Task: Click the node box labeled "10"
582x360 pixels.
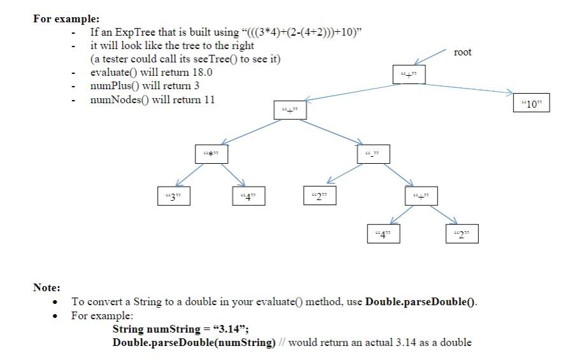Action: [x=531, y=104]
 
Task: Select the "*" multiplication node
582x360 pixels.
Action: [x=211, y=154]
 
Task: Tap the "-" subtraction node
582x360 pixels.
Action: [x=373, y=154]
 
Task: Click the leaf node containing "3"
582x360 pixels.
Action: [x=173, y=196]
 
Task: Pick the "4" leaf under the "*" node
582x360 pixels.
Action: [x=248, y=196]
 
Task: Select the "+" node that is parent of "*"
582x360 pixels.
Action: [x=290, y=110]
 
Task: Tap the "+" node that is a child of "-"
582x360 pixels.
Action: [x=421, y=196]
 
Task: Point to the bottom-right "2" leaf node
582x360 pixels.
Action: [x=462, y=234]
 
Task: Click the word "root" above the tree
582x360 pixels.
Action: [x=463, y=52]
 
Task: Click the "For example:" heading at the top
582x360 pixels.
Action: [x=66, y=18]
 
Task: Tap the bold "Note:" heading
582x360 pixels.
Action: [x=46, y=288]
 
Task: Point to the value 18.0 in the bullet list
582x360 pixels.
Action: [x=202, y=73]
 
